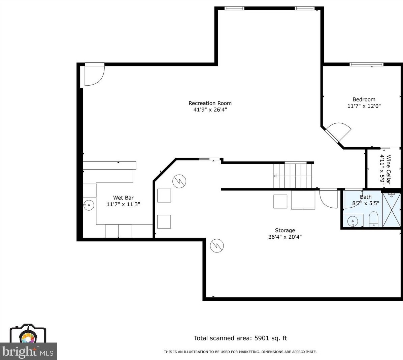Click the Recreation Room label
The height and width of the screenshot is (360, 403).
click(210, 103)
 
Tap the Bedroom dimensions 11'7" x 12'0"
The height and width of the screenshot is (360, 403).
click(364, 106)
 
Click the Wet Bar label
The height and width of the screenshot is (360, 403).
click(123, 198)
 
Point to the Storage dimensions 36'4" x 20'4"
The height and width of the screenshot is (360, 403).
click(285, 237)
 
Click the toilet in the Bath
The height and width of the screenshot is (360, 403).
click(373, 219)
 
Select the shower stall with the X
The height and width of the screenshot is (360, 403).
click(392, 210)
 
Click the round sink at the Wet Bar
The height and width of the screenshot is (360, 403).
click(89, 205)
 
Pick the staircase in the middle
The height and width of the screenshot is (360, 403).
click(293, 176)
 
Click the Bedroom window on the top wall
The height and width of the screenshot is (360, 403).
click(367, 64)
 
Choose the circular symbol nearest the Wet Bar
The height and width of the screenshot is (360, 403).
click(179, 181)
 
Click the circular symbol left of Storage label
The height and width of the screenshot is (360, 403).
click(217, 246)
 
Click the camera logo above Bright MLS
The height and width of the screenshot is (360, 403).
click(28, 334)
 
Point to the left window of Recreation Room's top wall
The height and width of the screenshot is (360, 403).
click(234, 8)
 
